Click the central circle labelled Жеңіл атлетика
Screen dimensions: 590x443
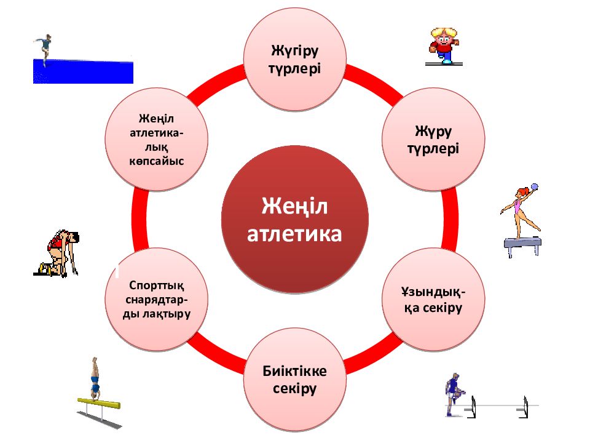pyautogui.click(x=294, y=219)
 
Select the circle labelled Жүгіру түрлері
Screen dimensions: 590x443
pyautogui.click(x=294, y=59)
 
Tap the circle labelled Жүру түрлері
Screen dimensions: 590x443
pyautogui.click(x=433, y=139)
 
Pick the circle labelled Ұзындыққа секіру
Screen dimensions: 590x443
pyautogui.click(x=433, y=299)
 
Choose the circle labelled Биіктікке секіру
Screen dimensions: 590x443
pyautogui.click(x=294, y=380)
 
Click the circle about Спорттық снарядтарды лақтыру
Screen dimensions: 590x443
pyautogui.click(x=157, y=299)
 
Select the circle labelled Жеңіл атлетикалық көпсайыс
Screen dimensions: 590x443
pyautogui.click(x=157, y=139)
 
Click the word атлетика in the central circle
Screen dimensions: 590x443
pyautogui.click(x=294, y=234)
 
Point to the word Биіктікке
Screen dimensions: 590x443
pyautogui.click(x=294, y=370)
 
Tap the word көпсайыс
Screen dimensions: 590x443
pyautogui.click(x=157, y=162)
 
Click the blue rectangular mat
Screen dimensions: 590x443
pyautogui.click(x=83, y=71)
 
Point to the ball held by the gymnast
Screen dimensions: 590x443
pyautogui.click(x=534, y=187)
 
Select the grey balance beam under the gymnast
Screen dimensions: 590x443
pyautogui.click(x=523, y=245)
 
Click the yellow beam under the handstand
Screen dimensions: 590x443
pyautogui.click(x=99, y=402)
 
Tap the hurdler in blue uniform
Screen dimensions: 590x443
pyautogui.click(x=454, y=394)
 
